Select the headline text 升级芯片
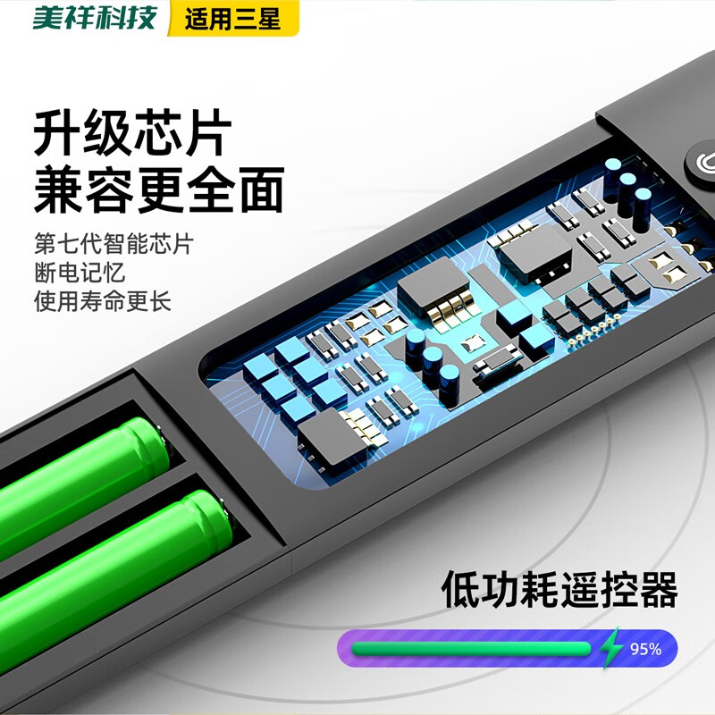(132, 134)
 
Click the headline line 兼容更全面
(158, 189)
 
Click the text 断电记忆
(80, 273)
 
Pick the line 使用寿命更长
(102, 300)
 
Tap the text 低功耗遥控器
(559, 591)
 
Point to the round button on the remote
(702, 165)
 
